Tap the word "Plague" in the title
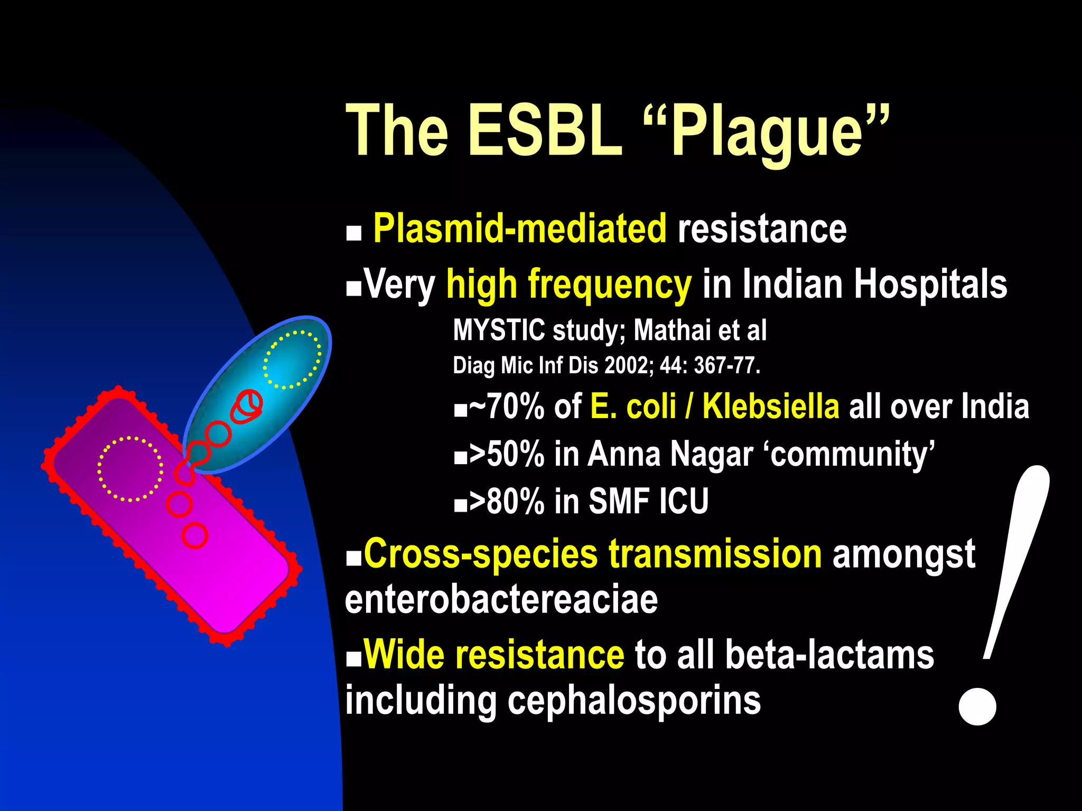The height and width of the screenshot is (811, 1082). click(766, 132)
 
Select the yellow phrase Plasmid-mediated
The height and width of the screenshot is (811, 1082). click(519, 229)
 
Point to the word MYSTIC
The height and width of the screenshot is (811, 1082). click(499, 330)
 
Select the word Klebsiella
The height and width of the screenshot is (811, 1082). click(770, 407)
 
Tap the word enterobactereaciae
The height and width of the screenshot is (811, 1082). click(501, 600)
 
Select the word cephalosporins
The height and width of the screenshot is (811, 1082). click(634, 700)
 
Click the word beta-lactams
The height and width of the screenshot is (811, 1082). click(829, 655)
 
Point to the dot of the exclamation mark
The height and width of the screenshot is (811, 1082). click(977, 706)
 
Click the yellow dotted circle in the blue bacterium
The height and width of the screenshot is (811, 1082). click(292, 360)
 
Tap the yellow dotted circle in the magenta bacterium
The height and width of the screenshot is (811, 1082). click(129, 468)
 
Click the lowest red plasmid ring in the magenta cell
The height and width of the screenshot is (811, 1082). click(195, 535)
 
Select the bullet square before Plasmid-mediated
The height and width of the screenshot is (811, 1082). click(353, 233)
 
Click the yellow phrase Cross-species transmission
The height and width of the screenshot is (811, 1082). click(592, 554)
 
